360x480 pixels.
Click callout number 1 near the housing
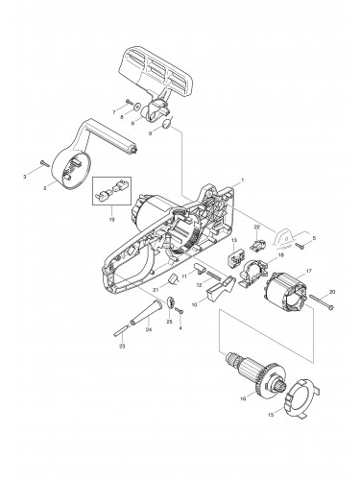tap(245, 180)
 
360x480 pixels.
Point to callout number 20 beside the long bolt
tap(332, 291)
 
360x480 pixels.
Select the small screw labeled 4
tap(180, 314)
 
